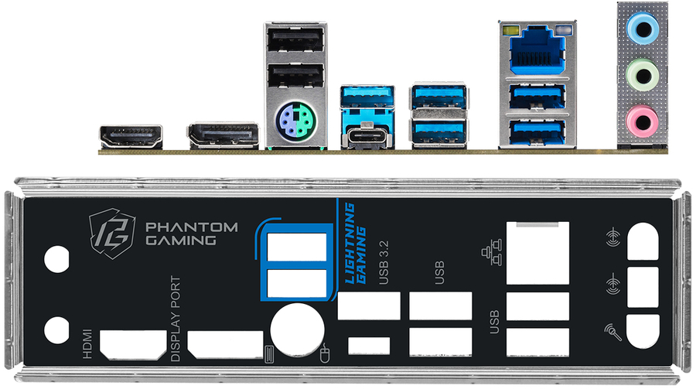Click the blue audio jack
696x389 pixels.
click(x=643, y=29)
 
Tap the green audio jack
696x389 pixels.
click(x=643, y=75)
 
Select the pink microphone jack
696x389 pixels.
click(x=642, y=121)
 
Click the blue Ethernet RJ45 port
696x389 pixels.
click(x=538, y=49)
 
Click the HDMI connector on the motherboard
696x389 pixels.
click(x=131, y=137)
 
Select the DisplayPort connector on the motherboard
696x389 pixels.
click(x=223, y=135)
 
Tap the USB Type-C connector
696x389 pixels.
click(x=367, y=137)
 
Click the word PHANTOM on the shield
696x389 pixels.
click(x=192, y=227)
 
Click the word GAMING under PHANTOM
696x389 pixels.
click(x=181, y=241)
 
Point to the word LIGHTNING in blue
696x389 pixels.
click(x=350, y=243)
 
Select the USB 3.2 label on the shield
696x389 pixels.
click(x=384, y=262)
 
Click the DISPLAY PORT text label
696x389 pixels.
click(x=176, y=319)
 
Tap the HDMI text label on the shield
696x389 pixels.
click(x=87, y=343)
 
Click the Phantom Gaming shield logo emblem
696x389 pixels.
click(x=112, y=234)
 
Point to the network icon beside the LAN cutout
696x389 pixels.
click(x=491, y=252)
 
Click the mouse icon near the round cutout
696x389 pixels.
click(x=325, y=353)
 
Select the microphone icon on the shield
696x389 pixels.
click(x=612, y=332)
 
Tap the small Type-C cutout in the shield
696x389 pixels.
click(x=370, y=346)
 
